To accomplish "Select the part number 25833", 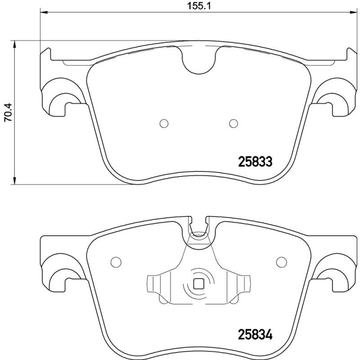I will point(255,162).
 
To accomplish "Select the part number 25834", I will point(255,335).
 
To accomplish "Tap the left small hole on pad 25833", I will point(164,123).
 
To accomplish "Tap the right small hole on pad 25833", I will point(233,123).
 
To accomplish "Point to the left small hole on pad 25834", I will point(116,261).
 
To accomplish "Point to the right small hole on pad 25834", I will point(281,261).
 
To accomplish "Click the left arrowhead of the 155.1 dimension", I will point(43,13).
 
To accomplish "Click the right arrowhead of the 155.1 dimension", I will point(353,13).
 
